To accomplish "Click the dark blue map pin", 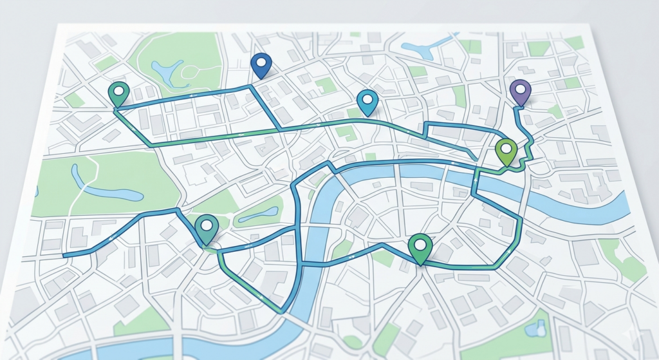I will pos(261,64).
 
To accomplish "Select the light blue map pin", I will pos(367,101).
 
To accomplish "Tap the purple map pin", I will pos(521,91).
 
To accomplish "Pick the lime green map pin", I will pos(506,150).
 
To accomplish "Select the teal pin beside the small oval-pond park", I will pos(207,227).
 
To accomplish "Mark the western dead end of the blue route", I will pos(64,256).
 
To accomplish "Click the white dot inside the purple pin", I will pos(521,89).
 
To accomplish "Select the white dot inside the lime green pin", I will pos(506,147).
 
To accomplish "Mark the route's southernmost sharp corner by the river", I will pos(281,312).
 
